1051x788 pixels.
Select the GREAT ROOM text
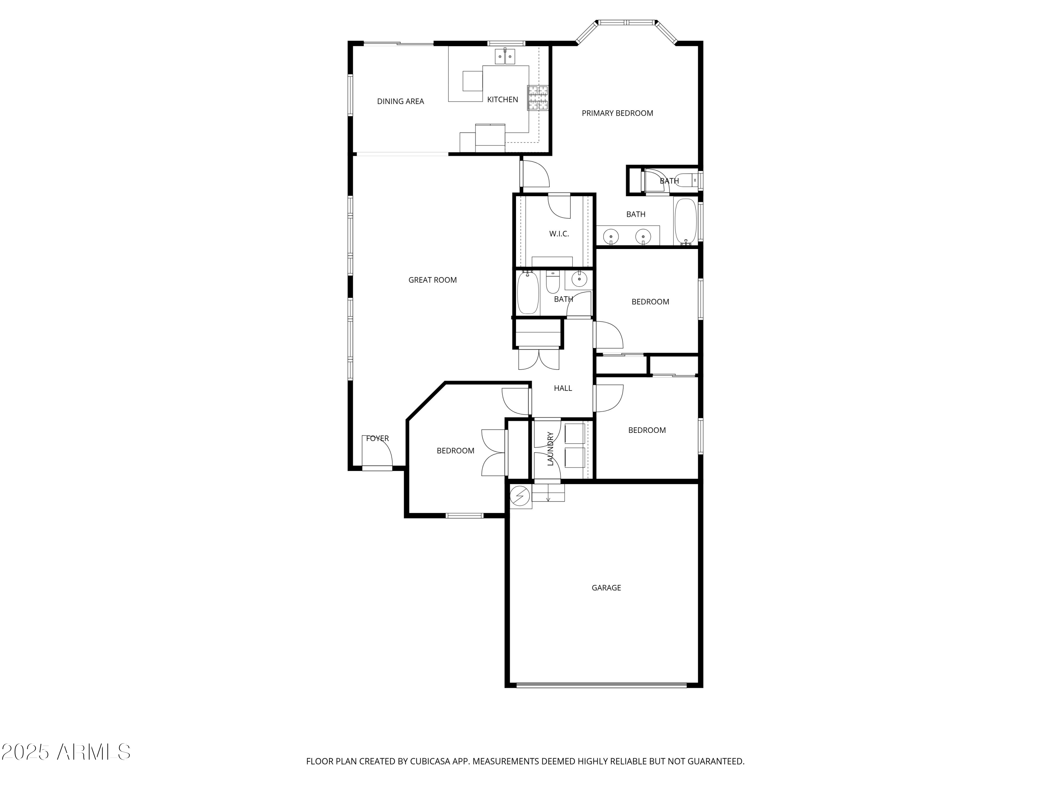click(432, 280)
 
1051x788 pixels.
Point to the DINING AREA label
click(400, 101)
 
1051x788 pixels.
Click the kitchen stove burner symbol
click(537, 98)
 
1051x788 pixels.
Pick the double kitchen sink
click(504, 56)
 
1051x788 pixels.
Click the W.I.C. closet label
click(558, 234)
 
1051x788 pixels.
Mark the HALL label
click(563, 388)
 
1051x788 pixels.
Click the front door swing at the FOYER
click(377, 451)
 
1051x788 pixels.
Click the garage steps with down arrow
click(548, 492)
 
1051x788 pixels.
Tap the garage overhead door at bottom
click(601, 685)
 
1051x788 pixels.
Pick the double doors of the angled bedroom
click(494, 452)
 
